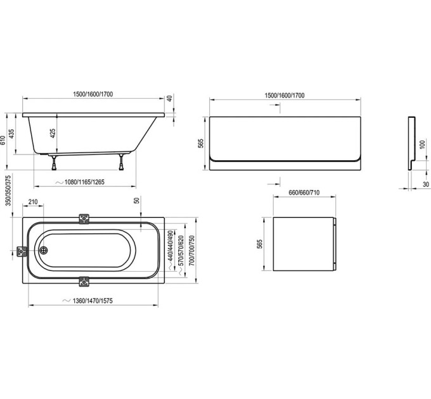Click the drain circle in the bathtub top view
click(x=44, y=250)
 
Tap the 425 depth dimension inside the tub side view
click(x=53, y=133)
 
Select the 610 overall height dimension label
click(x=3, y=141)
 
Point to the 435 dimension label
click(x=11, y=134)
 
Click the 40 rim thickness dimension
click(x=170, y=98)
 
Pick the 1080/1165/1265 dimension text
click(x=84, y=182)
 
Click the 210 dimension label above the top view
click(x=33, y=202)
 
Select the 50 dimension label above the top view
click(x=137, y=200)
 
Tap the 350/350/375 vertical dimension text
click(x=8, y=191)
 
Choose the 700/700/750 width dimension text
click(x=191, y=250)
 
